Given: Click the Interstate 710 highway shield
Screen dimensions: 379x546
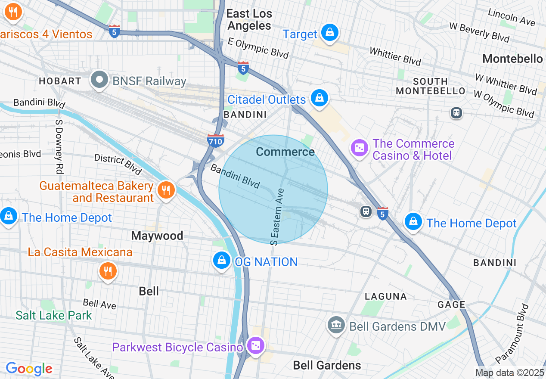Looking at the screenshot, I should pos(215,140).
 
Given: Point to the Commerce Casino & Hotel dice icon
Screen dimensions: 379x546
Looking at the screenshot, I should pos(359,149).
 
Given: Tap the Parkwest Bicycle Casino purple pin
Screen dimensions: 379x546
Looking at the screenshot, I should pos(256,346).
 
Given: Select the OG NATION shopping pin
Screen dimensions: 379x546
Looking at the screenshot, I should pos(222,261).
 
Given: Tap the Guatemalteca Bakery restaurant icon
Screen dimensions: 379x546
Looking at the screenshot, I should pos(165,190).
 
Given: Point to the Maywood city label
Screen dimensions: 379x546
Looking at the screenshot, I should pos(157,236).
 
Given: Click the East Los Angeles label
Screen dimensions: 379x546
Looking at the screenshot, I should pos(249,19).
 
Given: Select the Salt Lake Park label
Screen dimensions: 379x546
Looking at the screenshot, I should pos(54,315).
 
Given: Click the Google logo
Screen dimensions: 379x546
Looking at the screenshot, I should pos(29,369).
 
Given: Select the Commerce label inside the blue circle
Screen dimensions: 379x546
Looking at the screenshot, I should pos(285,152).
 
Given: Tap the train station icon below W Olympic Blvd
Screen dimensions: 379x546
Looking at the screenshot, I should pos(456,113).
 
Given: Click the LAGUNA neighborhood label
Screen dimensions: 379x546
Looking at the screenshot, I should pos(386,296).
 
